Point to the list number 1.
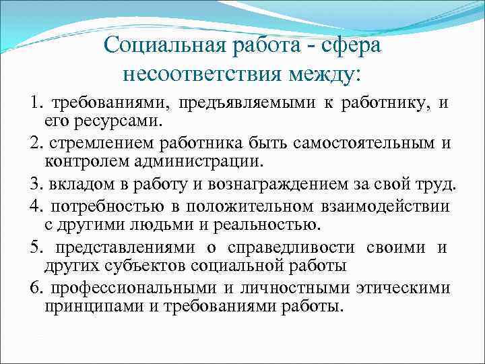(35, 103)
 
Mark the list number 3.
(35, 185)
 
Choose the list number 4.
(35, 205)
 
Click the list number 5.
(35, 247)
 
